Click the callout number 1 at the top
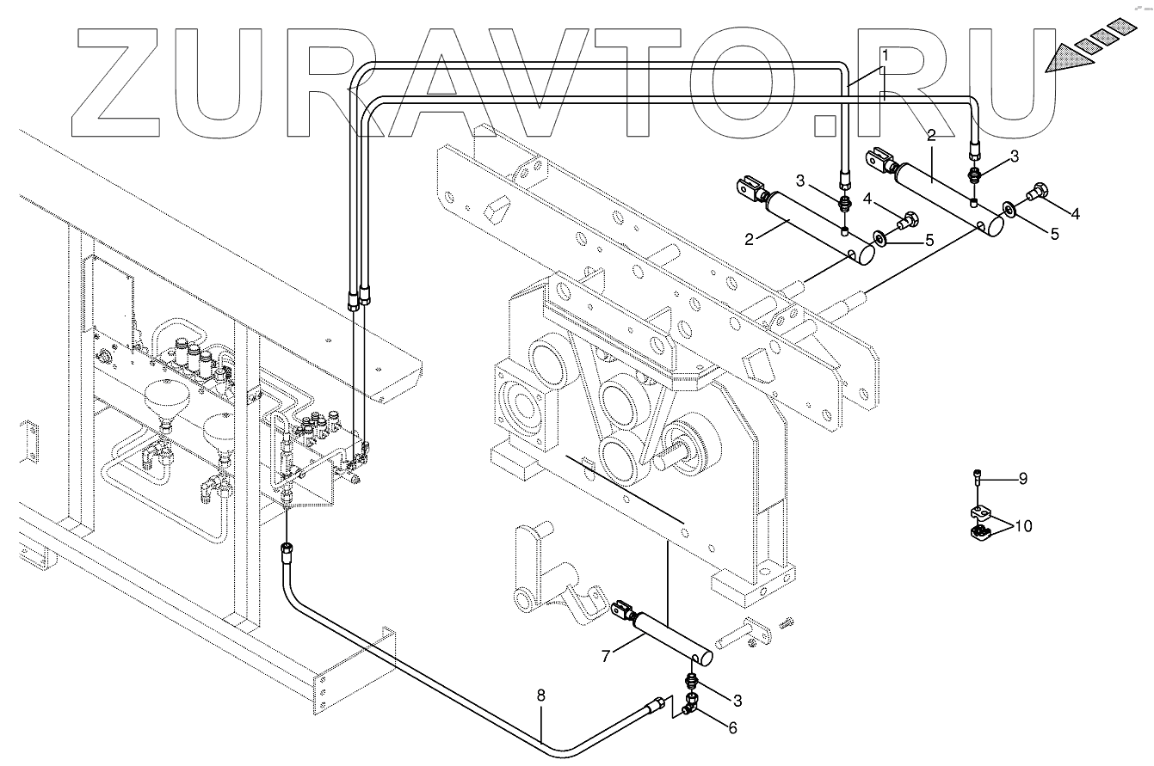885,52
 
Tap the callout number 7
606,656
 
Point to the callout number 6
732,727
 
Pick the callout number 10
1023,526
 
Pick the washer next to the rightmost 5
1008,209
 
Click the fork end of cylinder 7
621,612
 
